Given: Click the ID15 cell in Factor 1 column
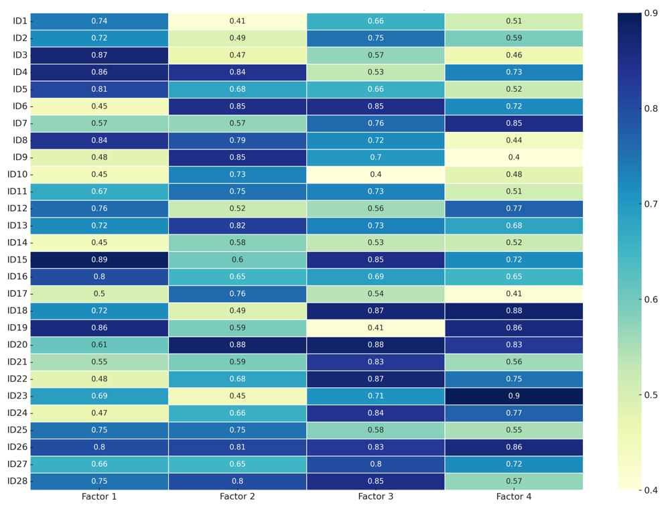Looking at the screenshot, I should (x=99, y=259).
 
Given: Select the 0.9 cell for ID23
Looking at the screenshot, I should (x=514, y=396).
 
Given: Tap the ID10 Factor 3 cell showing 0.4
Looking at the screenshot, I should (x=376, y=174).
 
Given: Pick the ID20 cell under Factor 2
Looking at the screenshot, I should (x=237, y=345).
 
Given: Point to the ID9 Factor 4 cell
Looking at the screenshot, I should (x=514, y=157).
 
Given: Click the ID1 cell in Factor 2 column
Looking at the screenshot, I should (x=237, y=21).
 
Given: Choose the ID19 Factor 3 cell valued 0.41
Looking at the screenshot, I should (x=376, y=328).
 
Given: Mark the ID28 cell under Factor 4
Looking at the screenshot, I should (x=514, y=481).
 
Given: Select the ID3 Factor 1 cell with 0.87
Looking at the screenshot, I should (x=99, y=55).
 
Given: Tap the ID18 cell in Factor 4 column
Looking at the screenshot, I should (x=514, y=311).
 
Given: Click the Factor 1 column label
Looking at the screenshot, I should (x=99, y=496).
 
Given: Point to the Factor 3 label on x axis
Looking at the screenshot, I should (x=376, y=496).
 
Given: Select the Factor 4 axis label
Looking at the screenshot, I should (x=514, y=496).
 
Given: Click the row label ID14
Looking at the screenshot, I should (x=17, y=242).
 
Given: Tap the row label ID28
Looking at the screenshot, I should (x=17, y=481).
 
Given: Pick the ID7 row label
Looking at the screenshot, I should (x=19, y=123).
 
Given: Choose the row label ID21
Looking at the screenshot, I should (x=17, y=362).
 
